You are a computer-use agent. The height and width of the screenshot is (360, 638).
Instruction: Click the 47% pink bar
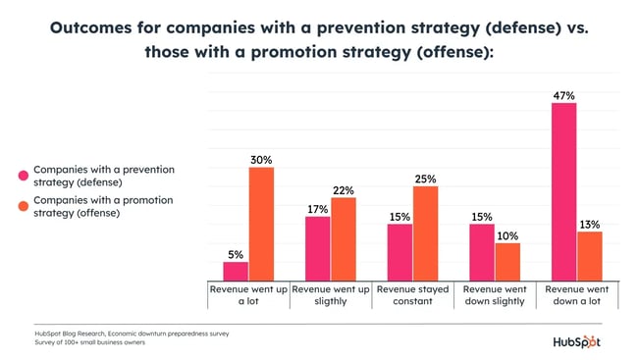tap(563, 192)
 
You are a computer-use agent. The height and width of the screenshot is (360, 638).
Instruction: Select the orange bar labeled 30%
tap(261, 225)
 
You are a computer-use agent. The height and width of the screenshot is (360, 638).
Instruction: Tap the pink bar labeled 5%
tap(236, 272)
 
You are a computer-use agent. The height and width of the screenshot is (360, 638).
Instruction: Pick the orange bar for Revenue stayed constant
tap(425, 233)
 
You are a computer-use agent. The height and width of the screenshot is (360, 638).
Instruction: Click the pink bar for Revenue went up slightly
tap(317, 249)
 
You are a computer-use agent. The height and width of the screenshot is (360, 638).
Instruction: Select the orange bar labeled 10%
tap(507, 262)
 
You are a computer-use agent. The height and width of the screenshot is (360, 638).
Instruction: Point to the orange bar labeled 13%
tap(589, 256)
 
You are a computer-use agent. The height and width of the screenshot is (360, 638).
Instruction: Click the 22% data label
tap(343, 190)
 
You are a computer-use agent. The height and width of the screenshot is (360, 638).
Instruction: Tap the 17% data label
tap(317, 209)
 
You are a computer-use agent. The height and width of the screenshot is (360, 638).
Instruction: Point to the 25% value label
tap(425, 180)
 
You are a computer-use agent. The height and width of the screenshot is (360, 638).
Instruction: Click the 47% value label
tap(563, 95)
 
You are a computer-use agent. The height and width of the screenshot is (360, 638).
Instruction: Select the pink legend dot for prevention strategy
tap(23, 176)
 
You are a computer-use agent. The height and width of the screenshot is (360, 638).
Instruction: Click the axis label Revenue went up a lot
tap(248, 295)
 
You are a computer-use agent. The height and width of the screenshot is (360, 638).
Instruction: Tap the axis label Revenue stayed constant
tap(412, 295)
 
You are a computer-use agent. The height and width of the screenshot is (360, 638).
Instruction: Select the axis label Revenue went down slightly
tap(495, 295)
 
